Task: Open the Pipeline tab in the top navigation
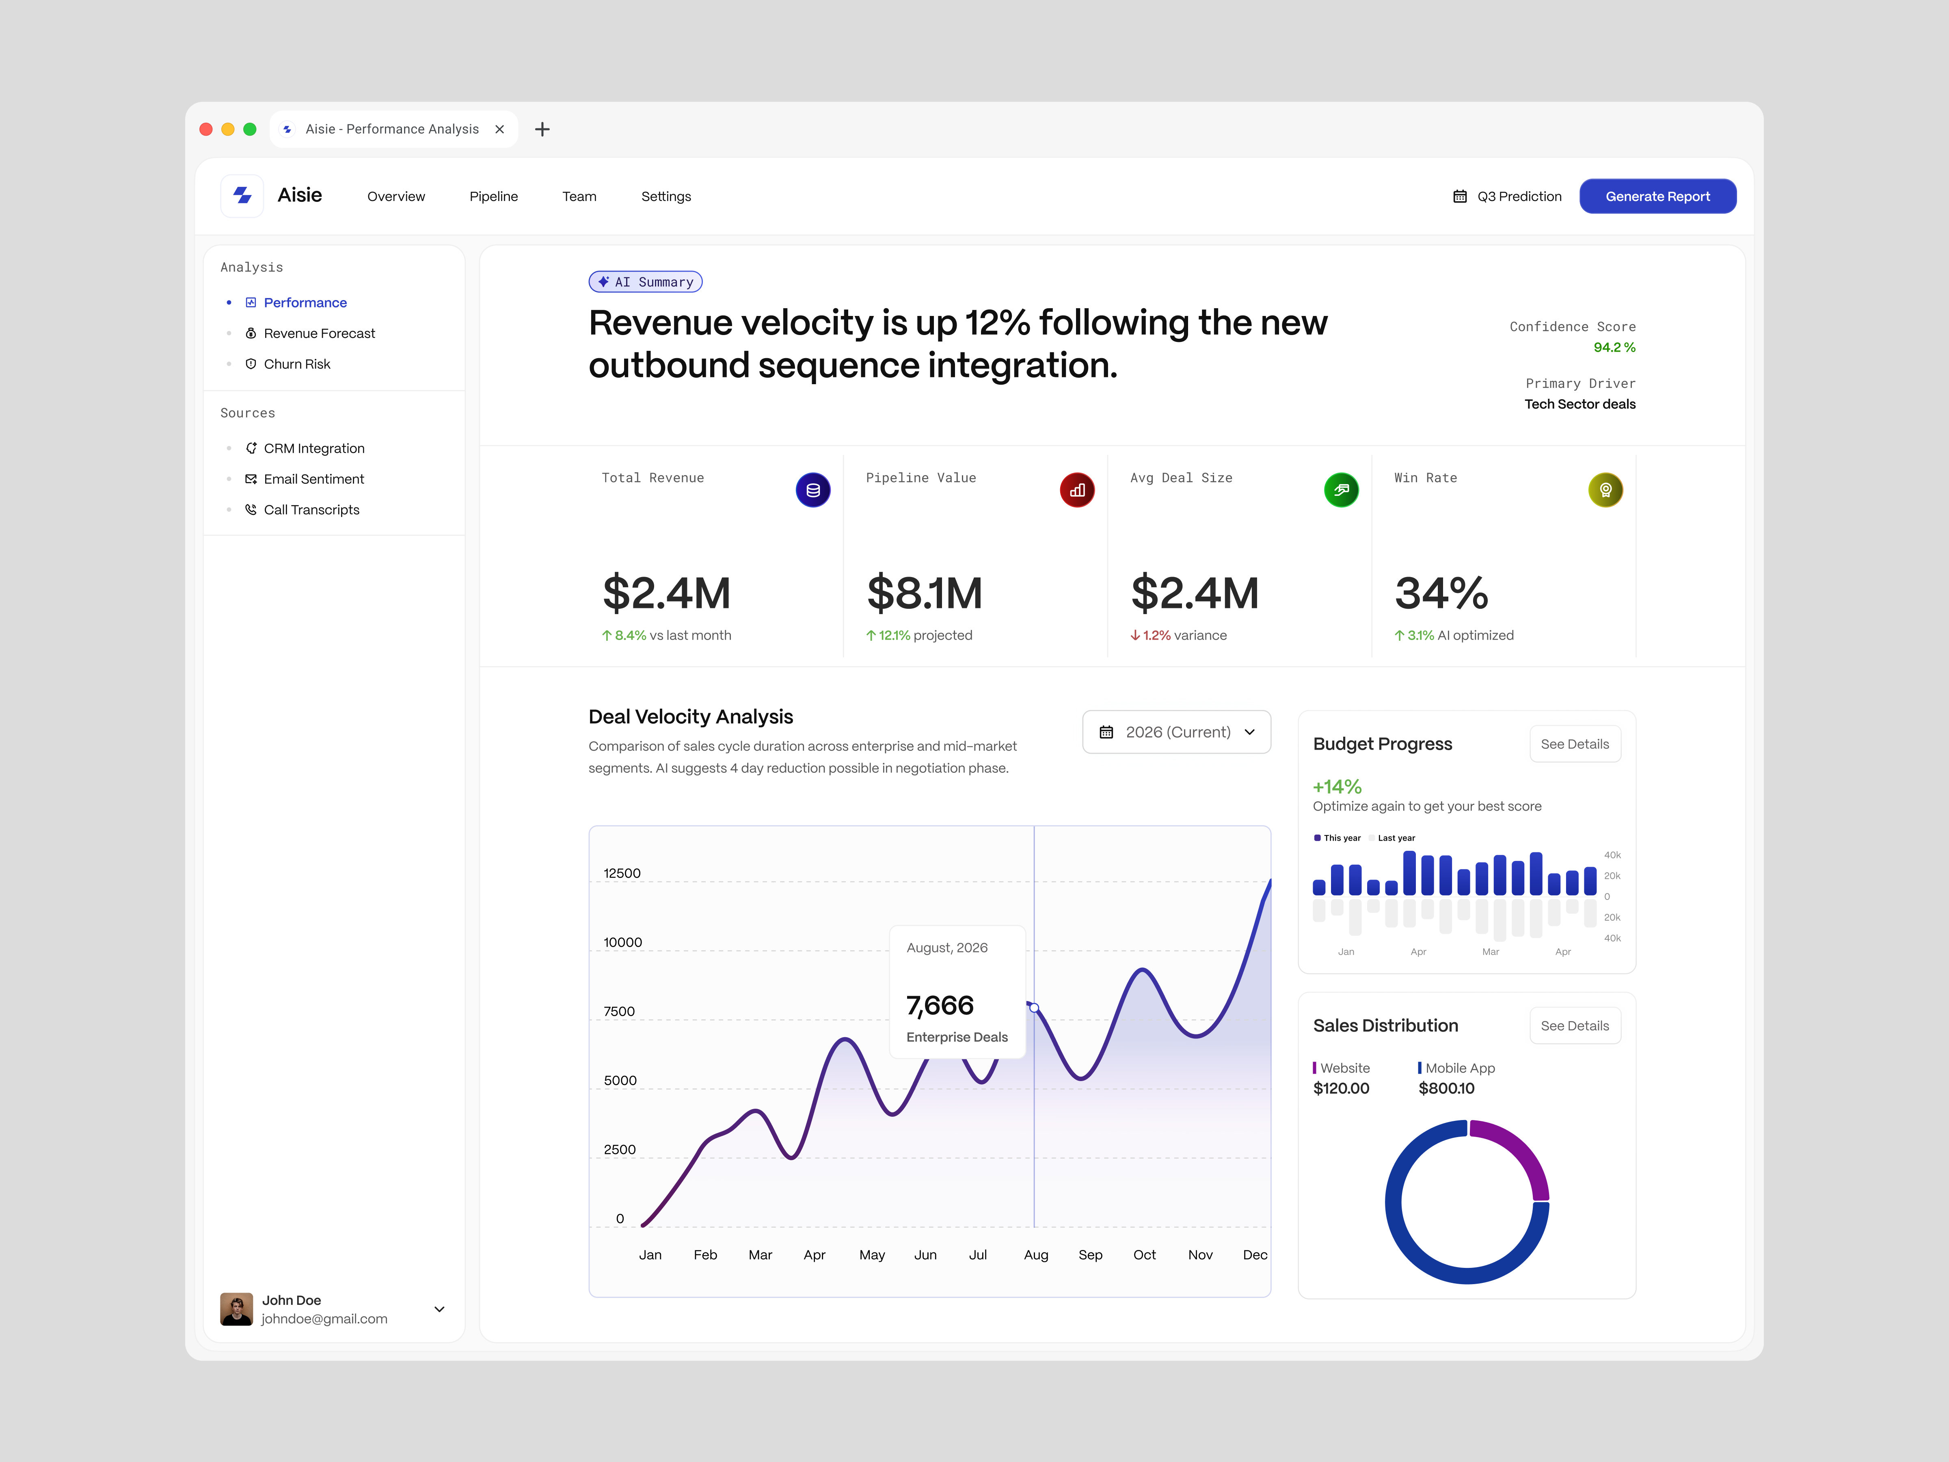[x=493, y=197]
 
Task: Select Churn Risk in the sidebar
[x=297, y=364]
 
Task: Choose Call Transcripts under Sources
[x=311, y=509]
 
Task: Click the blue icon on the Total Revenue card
[x=812, y=490]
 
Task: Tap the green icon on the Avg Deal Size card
[x=1340, y=490]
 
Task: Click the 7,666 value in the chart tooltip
[x=939, y=1006]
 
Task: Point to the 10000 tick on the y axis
[x=622, y=942]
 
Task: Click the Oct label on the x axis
[x=1144, y=1255]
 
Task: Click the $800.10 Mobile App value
[x=1446, y=1088]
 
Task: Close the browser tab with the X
[x=499, y=130]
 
